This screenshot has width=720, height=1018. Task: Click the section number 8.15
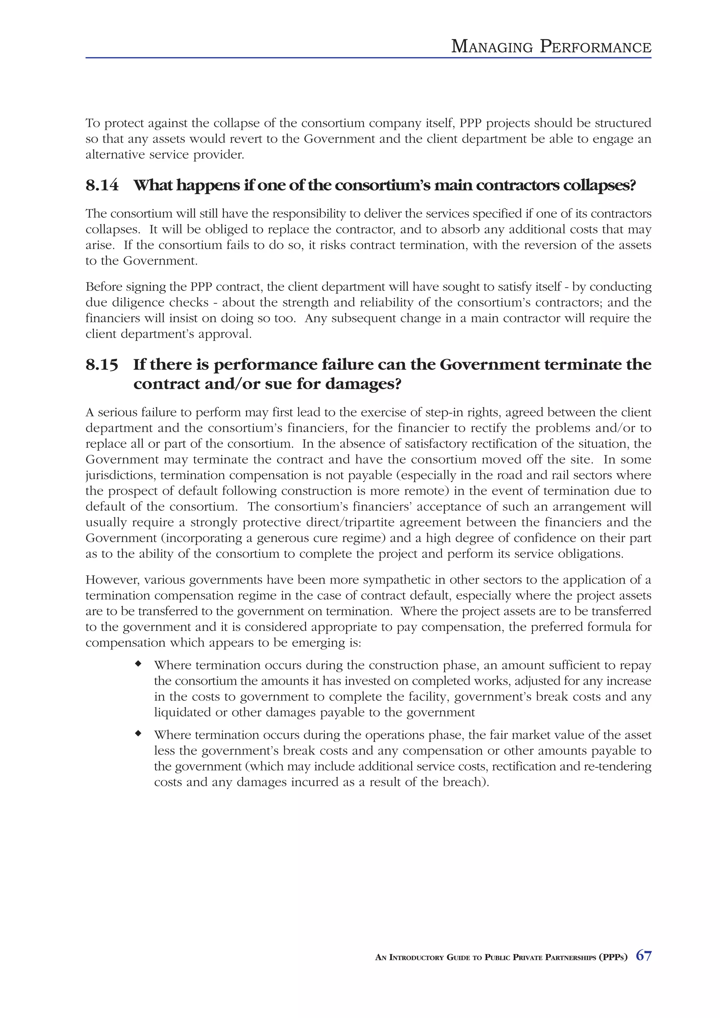click(x=102, y=365)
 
